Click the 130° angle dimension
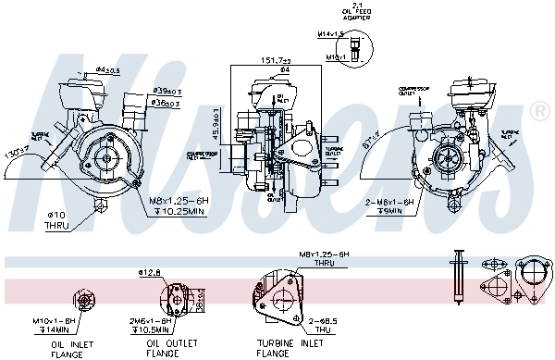point(15,151)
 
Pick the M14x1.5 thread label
point(329,34)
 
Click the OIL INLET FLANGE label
point(74,347)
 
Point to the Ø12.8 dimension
point(151,272)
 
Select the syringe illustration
point(458,274)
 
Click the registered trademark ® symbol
point(539,111)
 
